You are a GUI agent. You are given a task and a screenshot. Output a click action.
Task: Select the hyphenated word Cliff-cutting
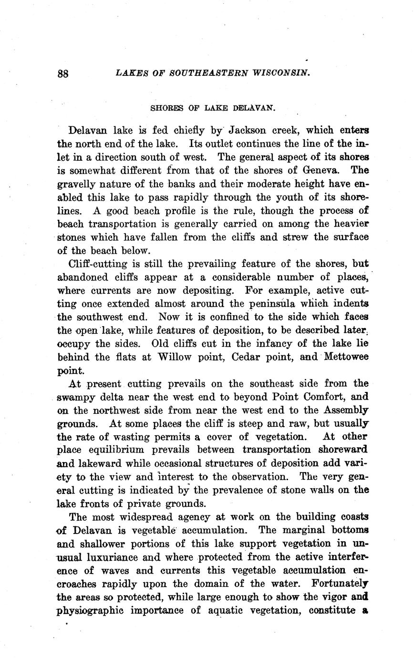(x=98, y=264)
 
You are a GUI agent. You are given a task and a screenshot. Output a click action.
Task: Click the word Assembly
(x=346, y=410)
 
